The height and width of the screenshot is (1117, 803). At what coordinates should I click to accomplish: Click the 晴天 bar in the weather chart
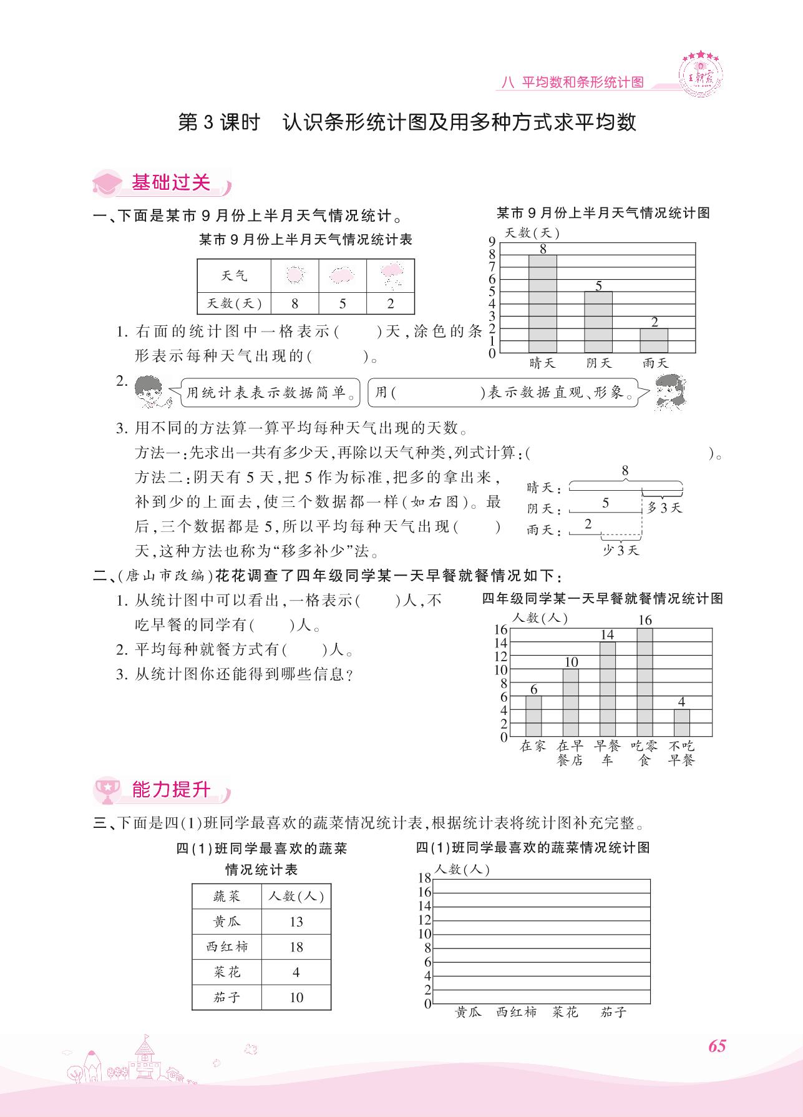[542, 304]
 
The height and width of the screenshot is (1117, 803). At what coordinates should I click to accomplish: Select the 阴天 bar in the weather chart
[598, 322]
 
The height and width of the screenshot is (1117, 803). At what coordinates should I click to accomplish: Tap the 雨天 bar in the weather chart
[653, 341]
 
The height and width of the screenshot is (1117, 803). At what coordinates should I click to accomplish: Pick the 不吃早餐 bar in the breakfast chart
[681, 723]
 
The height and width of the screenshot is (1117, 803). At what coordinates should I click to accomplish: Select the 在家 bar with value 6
[533, 716]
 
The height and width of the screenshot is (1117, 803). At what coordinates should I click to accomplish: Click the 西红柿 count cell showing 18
[296, 947]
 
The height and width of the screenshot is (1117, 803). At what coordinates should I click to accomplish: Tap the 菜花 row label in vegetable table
[226, 972]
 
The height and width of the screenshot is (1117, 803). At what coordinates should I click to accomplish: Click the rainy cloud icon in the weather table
[391, 275]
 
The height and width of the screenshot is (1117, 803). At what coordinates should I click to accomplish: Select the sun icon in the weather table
[294, 275]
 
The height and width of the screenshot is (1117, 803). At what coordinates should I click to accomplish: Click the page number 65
[717, 1046]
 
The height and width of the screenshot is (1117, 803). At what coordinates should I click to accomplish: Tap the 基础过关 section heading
[170, 182]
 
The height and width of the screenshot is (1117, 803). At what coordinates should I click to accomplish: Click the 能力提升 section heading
[170, 789]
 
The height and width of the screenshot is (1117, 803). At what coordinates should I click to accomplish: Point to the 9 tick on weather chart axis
[492, 242]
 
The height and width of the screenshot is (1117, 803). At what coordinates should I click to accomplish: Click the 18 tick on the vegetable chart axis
[424, 878]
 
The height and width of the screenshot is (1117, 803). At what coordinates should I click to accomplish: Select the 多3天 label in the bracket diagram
[664, 508]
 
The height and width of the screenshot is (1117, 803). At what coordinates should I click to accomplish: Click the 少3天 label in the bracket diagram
[620, 550]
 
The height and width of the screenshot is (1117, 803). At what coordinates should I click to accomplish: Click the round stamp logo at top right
[701, 73]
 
